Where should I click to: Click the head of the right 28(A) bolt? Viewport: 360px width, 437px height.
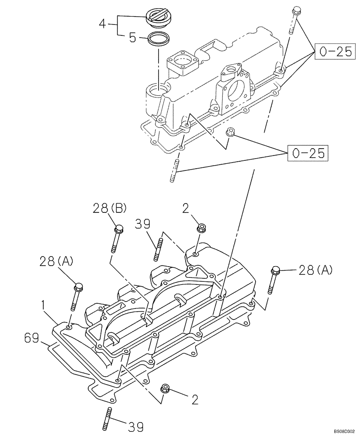coord(275,270)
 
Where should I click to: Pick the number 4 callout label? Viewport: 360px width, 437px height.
coord(103,23)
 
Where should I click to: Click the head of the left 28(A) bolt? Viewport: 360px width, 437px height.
coord(79,287)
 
